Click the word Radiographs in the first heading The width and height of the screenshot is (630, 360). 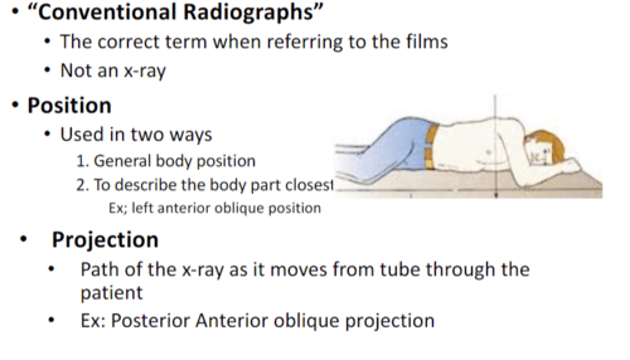250,12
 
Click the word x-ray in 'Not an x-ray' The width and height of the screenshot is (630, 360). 145,70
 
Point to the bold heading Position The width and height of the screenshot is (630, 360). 69,105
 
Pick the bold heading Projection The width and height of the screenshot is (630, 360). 105,240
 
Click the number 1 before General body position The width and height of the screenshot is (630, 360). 80,161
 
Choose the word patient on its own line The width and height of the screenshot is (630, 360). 111,292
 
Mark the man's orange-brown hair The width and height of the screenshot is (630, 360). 553,143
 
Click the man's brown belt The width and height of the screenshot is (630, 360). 431,147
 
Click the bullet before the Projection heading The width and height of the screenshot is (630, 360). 24,240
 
